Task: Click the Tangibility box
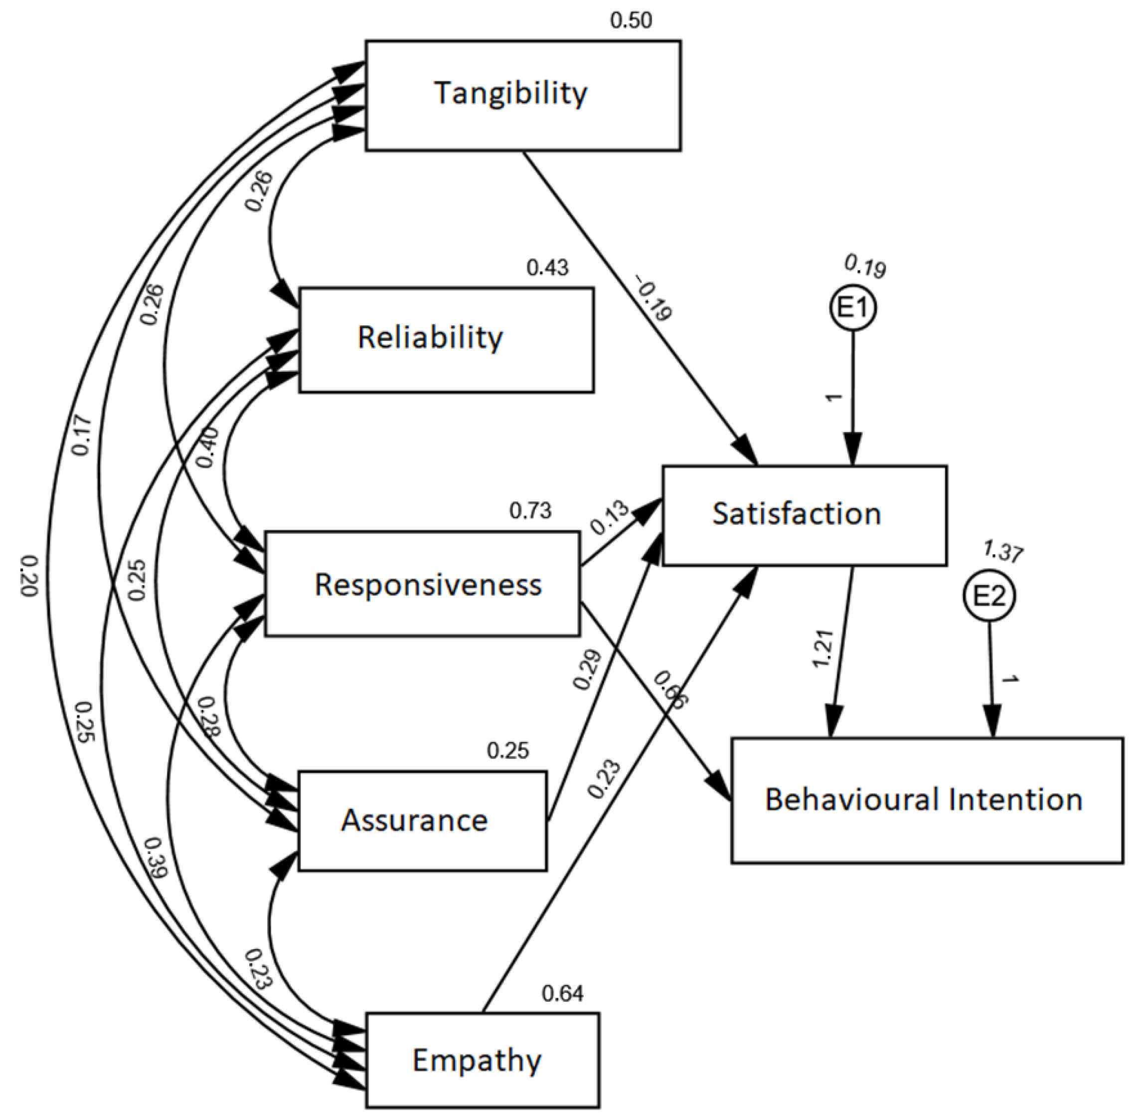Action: [x=523, y=96]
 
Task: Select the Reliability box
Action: [x=446, y=339]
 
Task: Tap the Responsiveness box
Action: [x=422, y=584]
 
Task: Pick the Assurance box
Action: [x=422, y=820]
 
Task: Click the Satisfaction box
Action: [x=804, y=515]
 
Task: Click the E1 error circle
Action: [x=853, y=308]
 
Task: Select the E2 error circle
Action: [x=989, y=596]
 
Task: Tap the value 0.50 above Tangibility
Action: [x=631, y=20]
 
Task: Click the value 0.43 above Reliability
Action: [x=547, y=268]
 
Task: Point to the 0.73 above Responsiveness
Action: [x=530, y=511]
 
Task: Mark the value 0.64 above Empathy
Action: [x=562, y=993]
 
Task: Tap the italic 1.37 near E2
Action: [x=1003, y=551]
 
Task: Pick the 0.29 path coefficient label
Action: [x=587, y=669]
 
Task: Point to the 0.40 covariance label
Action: [x=207, y=448]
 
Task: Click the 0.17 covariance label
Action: [x=82, y=436]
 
